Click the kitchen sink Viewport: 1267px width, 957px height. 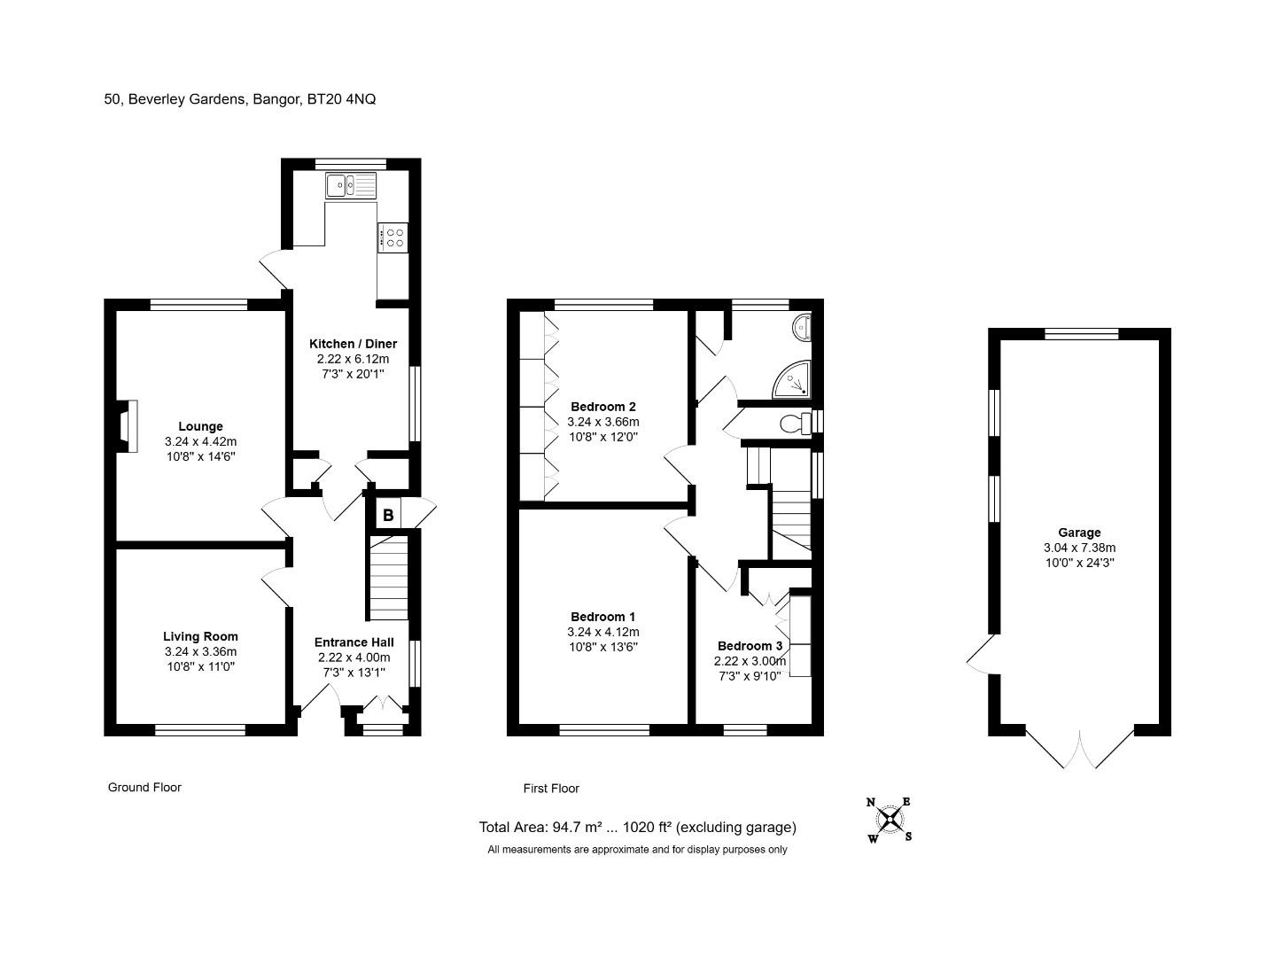350,185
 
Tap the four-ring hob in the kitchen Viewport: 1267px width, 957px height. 393,237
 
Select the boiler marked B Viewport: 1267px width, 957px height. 388,515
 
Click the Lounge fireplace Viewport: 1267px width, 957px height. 127,426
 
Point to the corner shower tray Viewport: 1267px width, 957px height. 792,379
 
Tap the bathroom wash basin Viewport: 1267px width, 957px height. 801,327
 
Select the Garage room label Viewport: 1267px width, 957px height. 1079,533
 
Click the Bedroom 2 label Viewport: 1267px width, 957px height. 603,407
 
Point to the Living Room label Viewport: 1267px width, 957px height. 200,636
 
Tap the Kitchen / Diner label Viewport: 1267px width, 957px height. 354,344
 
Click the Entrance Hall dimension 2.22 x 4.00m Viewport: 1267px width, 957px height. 354,657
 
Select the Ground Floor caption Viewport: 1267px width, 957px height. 144,787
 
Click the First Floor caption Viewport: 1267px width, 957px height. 551,788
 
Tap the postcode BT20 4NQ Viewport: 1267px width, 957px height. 341,98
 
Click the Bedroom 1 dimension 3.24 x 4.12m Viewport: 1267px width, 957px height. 603,632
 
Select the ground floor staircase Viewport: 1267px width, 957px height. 389,577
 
